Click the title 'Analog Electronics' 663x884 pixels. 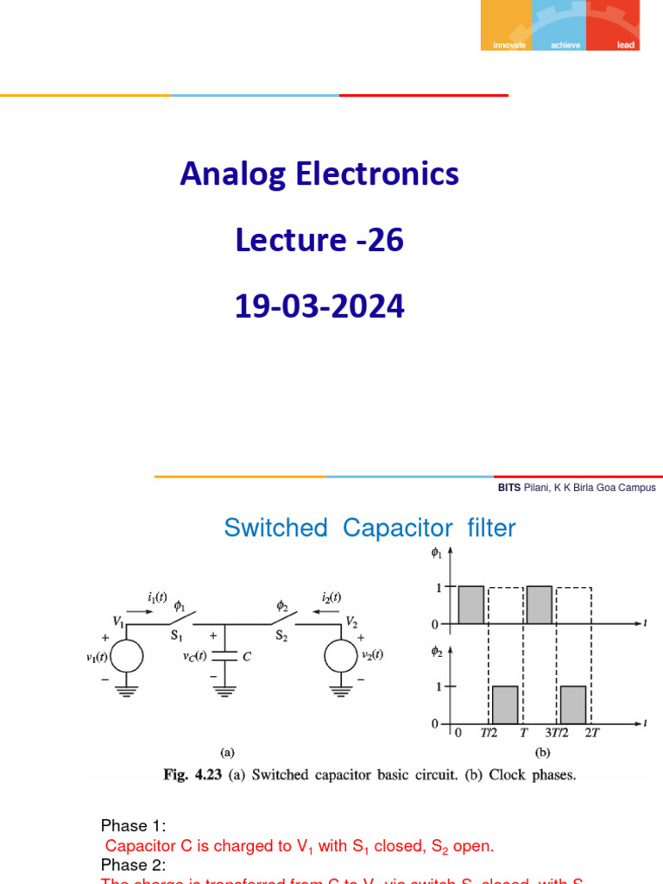[x=319, y=174]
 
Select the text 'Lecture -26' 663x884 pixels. [x=319, y=241]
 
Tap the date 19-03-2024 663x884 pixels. [x=319, y=306]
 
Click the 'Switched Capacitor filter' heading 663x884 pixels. [x=369, y=528]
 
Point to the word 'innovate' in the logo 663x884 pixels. [x=508, y=45]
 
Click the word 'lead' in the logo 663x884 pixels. [x=626, y=45]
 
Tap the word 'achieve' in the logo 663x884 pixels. [x=565, y=45]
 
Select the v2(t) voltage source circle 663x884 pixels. [x=342, y=656]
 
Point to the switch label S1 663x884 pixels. [x=178, y=635]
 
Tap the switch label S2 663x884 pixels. [x=281, y=635]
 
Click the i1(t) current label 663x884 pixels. [x=158, y=597]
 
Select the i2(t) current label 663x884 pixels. [x=331, y=597]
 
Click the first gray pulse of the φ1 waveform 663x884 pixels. [x=471, y=605]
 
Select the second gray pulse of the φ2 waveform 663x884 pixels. [x=574, y=704]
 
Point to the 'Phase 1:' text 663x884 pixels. [x=128, y=826]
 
